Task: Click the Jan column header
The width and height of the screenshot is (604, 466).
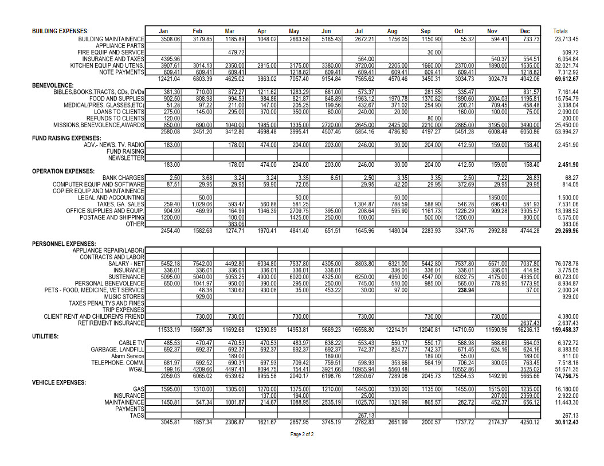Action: pyautogui.click(x=163, y=32)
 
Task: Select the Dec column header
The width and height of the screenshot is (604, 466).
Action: pyautogui.click(x=525, y=32)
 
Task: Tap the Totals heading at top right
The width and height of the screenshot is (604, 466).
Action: pyautogui.click(x=561, y=32)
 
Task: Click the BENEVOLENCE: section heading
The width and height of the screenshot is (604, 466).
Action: pyautogui.click(x=53, y=85)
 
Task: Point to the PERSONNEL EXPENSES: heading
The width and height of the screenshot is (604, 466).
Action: pyautogui.click(x=64, y=244)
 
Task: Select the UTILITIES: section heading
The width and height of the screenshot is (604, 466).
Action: pyautogui.click(x=46, y=336)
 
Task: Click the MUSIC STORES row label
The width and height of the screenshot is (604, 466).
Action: pyautogui.click(x=124, y=296)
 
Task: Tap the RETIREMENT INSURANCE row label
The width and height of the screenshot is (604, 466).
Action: pyautogui.click(x=111, y=323)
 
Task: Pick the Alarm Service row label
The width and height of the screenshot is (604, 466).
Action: pyautogui.click(x=128, y=356)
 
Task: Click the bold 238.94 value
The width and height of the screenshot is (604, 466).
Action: pyautogui.click(x=466, y=290)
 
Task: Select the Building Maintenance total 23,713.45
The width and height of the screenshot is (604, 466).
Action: pyautogui.click(x=566, y=39)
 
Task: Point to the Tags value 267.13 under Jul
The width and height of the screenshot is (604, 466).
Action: pyautogui.click(x=366, y=416)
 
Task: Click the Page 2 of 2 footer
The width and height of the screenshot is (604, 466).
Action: pyautogui.click(x=302, y=434)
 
